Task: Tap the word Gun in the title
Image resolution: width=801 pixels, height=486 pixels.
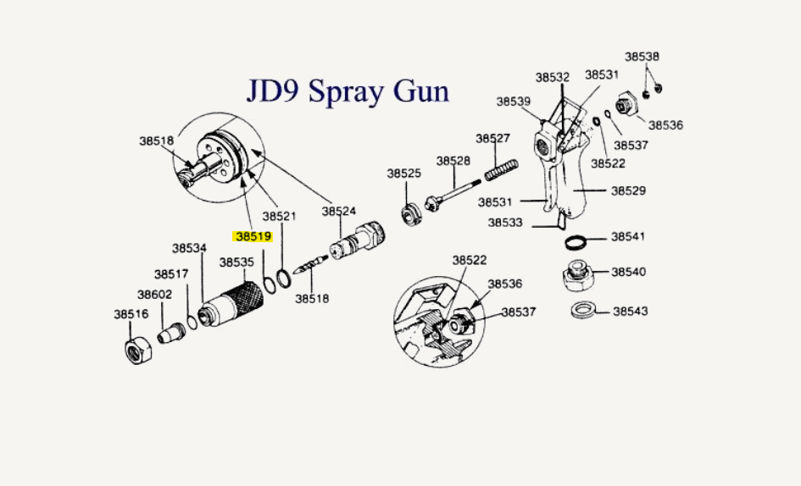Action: (x=422, y=90)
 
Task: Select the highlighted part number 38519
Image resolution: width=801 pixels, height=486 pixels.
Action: (x=253, y=237)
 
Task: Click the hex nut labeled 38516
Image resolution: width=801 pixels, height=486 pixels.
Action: (x=138, y=347)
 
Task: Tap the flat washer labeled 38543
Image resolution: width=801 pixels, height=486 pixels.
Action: (x=583, y=310)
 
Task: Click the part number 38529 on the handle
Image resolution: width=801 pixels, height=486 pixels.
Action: (x=628, y=191)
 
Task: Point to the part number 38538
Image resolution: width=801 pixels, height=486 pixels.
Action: (x=642, y=57)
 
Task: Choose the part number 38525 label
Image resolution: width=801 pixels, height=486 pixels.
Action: (x=404, y=173)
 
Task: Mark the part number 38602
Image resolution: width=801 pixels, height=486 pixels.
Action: (x=155, y=295)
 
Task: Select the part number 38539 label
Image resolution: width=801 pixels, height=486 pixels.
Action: (x=514, y=102)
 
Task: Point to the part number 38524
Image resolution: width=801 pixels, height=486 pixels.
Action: (x=338, y=211)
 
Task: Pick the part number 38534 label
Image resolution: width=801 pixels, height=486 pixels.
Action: (x=189, y=248)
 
